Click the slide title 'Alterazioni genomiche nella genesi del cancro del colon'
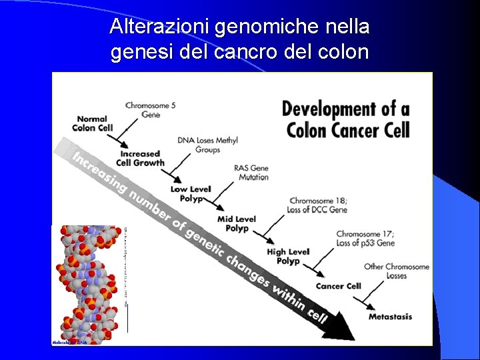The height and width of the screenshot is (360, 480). (x=240, y=39)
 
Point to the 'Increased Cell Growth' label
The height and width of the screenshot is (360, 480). (x=140, y=158)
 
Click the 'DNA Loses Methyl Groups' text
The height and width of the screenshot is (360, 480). (x=207, y=145)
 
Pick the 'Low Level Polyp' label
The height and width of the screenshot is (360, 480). (x=190, y=193)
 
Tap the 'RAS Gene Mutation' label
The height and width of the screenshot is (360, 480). (x=251, y=173)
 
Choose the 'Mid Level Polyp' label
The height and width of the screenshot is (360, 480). (x=236, y=223)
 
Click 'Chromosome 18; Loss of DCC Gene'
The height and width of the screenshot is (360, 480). (x=318, y=205)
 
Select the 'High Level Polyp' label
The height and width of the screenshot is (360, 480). (x=287, y=256)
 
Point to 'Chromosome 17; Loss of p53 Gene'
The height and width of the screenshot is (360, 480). (x=365, y=238)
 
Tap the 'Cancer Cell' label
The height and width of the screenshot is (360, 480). (x=338, y=286)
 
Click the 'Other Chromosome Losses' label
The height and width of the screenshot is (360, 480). (x=396, y=271)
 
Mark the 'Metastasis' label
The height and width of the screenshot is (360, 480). (x=390, y=316)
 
